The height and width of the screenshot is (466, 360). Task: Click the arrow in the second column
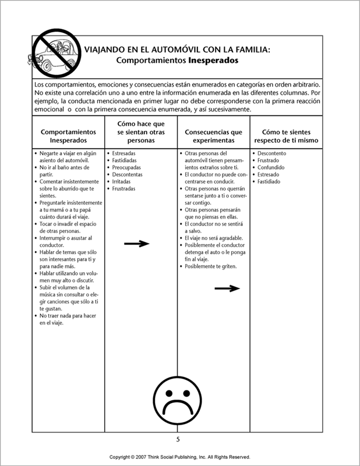[137, 244]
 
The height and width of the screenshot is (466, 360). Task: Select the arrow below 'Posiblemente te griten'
[227, 288]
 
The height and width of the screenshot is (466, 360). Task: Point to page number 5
[178, 439]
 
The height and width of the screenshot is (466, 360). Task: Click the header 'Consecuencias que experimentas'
[214, 136]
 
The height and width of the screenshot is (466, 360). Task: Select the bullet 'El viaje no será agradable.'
[214, 238]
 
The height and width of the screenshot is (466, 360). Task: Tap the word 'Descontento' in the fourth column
[276, 153]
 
